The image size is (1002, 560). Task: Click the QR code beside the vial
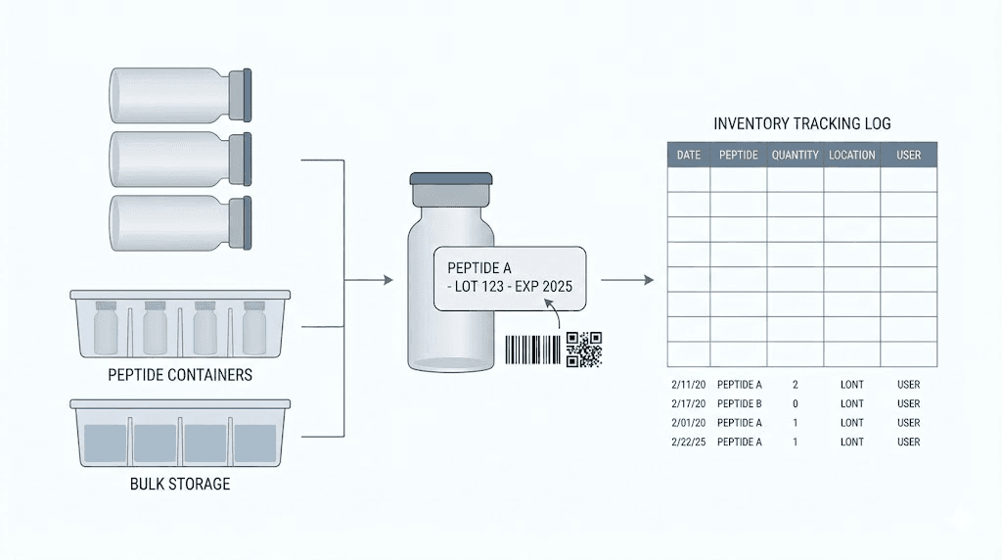coord(584,350)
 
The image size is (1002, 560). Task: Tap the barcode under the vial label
coord(533,350)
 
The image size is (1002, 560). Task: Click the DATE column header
coord(689,155)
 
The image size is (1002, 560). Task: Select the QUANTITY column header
coord(795,155)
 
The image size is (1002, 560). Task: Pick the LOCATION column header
coord(851,155)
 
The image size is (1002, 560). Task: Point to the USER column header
coord(908,155)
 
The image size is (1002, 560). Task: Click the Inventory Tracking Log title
coord(802,124)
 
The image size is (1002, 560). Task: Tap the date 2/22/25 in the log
coord(688,442)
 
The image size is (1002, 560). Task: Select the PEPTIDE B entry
coord(739,403)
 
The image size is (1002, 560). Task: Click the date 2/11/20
coord(688,385)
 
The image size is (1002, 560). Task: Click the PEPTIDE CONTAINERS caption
coord(180,375)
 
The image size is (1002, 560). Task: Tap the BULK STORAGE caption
coord(180,484)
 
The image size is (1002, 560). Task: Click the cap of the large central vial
coord(451,181)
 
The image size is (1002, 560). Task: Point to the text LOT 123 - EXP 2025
coord(509,287)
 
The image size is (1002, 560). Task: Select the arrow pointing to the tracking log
coord(626,281)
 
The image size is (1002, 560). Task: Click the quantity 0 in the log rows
coord(795,403)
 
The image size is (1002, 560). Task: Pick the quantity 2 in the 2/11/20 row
coord(795,385)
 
